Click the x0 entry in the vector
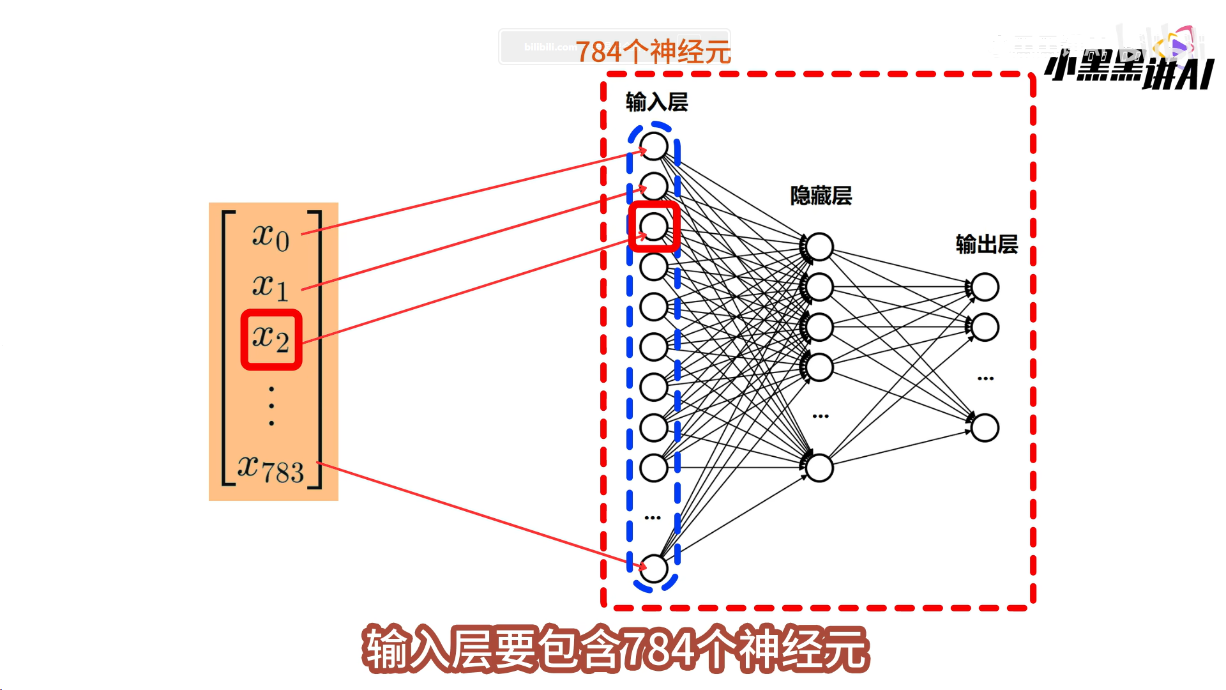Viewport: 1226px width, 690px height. (x=271, y=237)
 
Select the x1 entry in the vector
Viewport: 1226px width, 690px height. (x=271, y=287)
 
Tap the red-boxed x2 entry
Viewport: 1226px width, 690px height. (x=271, y=339)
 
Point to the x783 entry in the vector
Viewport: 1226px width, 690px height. (x=271, y=470)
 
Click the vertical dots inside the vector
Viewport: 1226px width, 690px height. (x=271, y=406)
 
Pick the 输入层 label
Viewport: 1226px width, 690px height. (x=656, y=102)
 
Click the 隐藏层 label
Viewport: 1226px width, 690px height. (x=821, y=195)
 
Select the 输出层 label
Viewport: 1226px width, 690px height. (x=987, y=244)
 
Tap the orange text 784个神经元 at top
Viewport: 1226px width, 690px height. (x=653, y=52)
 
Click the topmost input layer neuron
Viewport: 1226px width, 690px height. (x=654, y=146)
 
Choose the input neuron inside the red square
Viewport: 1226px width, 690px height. (x=654, y=226)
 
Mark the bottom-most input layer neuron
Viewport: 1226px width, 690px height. (x=654, y=568)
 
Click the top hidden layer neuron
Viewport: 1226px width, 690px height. (x=819, y=247)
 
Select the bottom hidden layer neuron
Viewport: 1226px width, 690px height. (x=819, y=468)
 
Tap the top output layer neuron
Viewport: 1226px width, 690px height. (x=985, y=287)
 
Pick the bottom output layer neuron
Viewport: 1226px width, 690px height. (x=985, y=427)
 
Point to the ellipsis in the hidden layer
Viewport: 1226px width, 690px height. (x=821, y=416)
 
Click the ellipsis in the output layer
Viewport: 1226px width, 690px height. (x=985, y=378)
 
